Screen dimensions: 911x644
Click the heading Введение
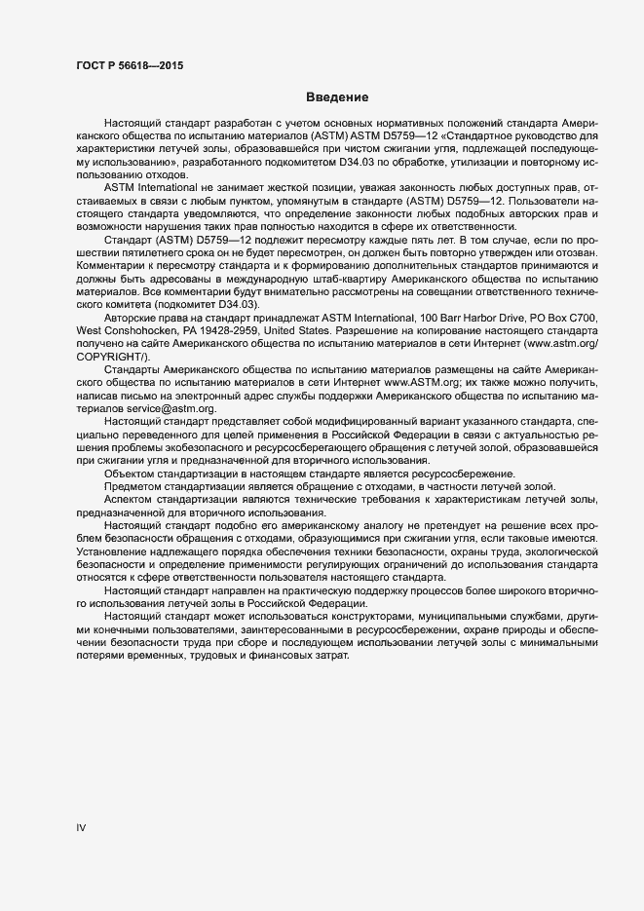click(x=336, y=97)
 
